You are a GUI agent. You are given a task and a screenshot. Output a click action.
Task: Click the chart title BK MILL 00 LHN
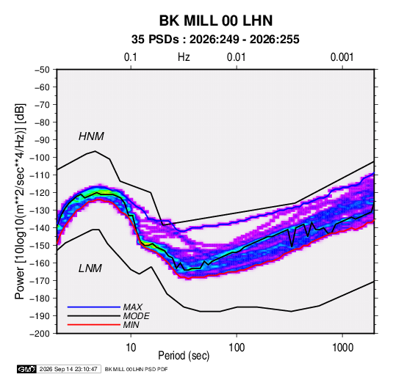[216, 21]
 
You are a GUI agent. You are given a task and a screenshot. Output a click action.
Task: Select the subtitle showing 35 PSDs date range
[215, 40]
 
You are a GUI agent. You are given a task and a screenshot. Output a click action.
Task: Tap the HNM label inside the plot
[91, 136]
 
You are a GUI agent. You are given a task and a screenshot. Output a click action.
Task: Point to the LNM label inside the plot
[90, 268]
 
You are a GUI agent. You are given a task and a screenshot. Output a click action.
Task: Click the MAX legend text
[132, 307]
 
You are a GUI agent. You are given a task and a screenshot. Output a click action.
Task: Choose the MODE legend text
[137, 316]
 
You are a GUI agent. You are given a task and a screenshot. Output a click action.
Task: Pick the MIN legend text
[131, 325]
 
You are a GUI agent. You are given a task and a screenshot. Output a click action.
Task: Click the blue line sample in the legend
[94, 307]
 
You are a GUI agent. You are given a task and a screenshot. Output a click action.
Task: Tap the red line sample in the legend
[94, 325]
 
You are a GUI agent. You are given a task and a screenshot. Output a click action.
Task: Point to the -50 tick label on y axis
[42, 70]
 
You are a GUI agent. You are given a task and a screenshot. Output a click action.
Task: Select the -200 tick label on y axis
[40, 334]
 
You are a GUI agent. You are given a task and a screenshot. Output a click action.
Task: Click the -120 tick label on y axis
[40, 193]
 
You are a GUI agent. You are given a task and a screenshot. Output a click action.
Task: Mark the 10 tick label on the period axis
[131, 348]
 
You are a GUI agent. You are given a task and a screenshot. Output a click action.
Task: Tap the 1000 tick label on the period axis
[342, 348]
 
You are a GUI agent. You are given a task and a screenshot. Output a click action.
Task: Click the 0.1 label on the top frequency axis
[131, 57]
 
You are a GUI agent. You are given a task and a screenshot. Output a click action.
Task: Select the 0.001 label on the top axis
[342, 57]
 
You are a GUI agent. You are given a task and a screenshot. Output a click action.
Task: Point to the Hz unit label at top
[184, 57]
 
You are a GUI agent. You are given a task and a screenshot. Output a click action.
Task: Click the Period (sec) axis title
[184, 356]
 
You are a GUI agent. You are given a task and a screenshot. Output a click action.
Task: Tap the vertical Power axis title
[20, 202]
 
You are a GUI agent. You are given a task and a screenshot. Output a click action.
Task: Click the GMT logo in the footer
[26, 369]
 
